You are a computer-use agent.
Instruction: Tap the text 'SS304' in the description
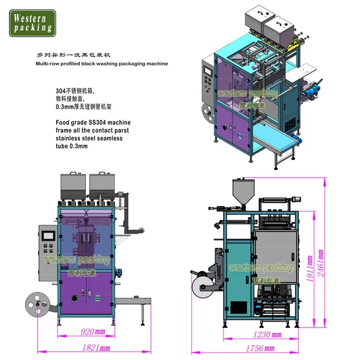pyautogui.click(x=87, y=122)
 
